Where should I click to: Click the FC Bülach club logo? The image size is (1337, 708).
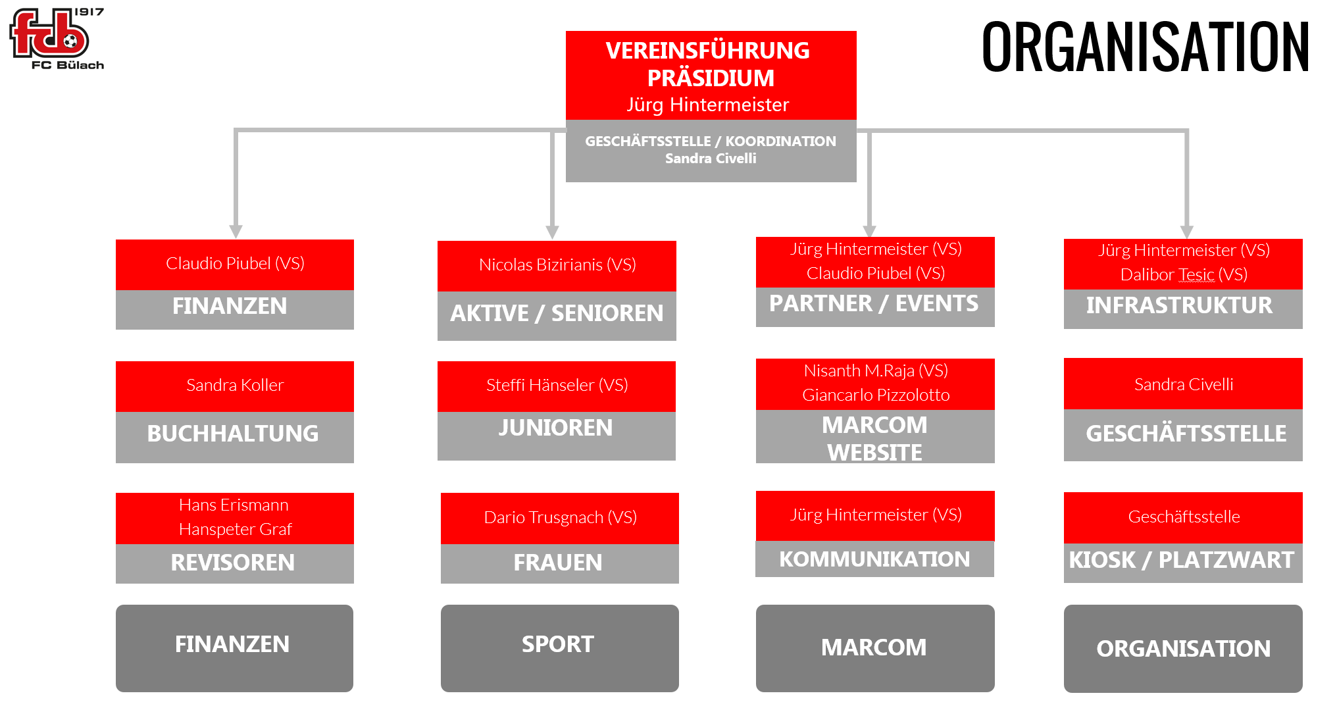point(57,38)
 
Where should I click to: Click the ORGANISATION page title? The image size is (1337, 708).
point(1146,47)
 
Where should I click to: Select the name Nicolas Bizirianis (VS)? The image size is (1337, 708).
point(557,265)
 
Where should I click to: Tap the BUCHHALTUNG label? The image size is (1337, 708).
point(233,434)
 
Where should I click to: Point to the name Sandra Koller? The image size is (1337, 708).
point(235,385)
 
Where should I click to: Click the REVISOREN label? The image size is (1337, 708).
point(233,563)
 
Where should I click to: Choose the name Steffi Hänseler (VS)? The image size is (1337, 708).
point(557,385)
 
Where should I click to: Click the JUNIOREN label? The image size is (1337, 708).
point(555,428)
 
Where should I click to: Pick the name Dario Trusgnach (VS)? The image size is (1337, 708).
point(561,517)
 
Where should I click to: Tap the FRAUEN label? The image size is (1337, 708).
point(558,563)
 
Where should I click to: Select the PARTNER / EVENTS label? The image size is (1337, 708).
point(874,303)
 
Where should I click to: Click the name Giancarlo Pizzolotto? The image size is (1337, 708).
point(876,395)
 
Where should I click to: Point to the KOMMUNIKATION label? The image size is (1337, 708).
point(874,559)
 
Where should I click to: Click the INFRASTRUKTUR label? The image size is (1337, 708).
point(1179,305)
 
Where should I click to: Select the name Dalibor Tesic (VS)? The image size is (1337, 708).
point(1184,274)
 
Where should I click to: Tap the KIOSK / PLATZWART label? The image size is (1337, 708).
point(1182,560)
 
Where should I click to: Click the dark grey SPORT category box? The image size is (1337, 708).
point(560,648)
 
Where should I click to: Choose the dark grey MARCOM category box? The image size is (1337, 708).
point(875,648)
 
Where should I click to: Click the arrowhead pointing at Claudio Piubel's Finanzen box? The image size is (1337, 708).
point(236,232)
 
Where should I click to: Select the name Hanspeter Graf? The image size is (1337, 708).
point(235,529)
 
